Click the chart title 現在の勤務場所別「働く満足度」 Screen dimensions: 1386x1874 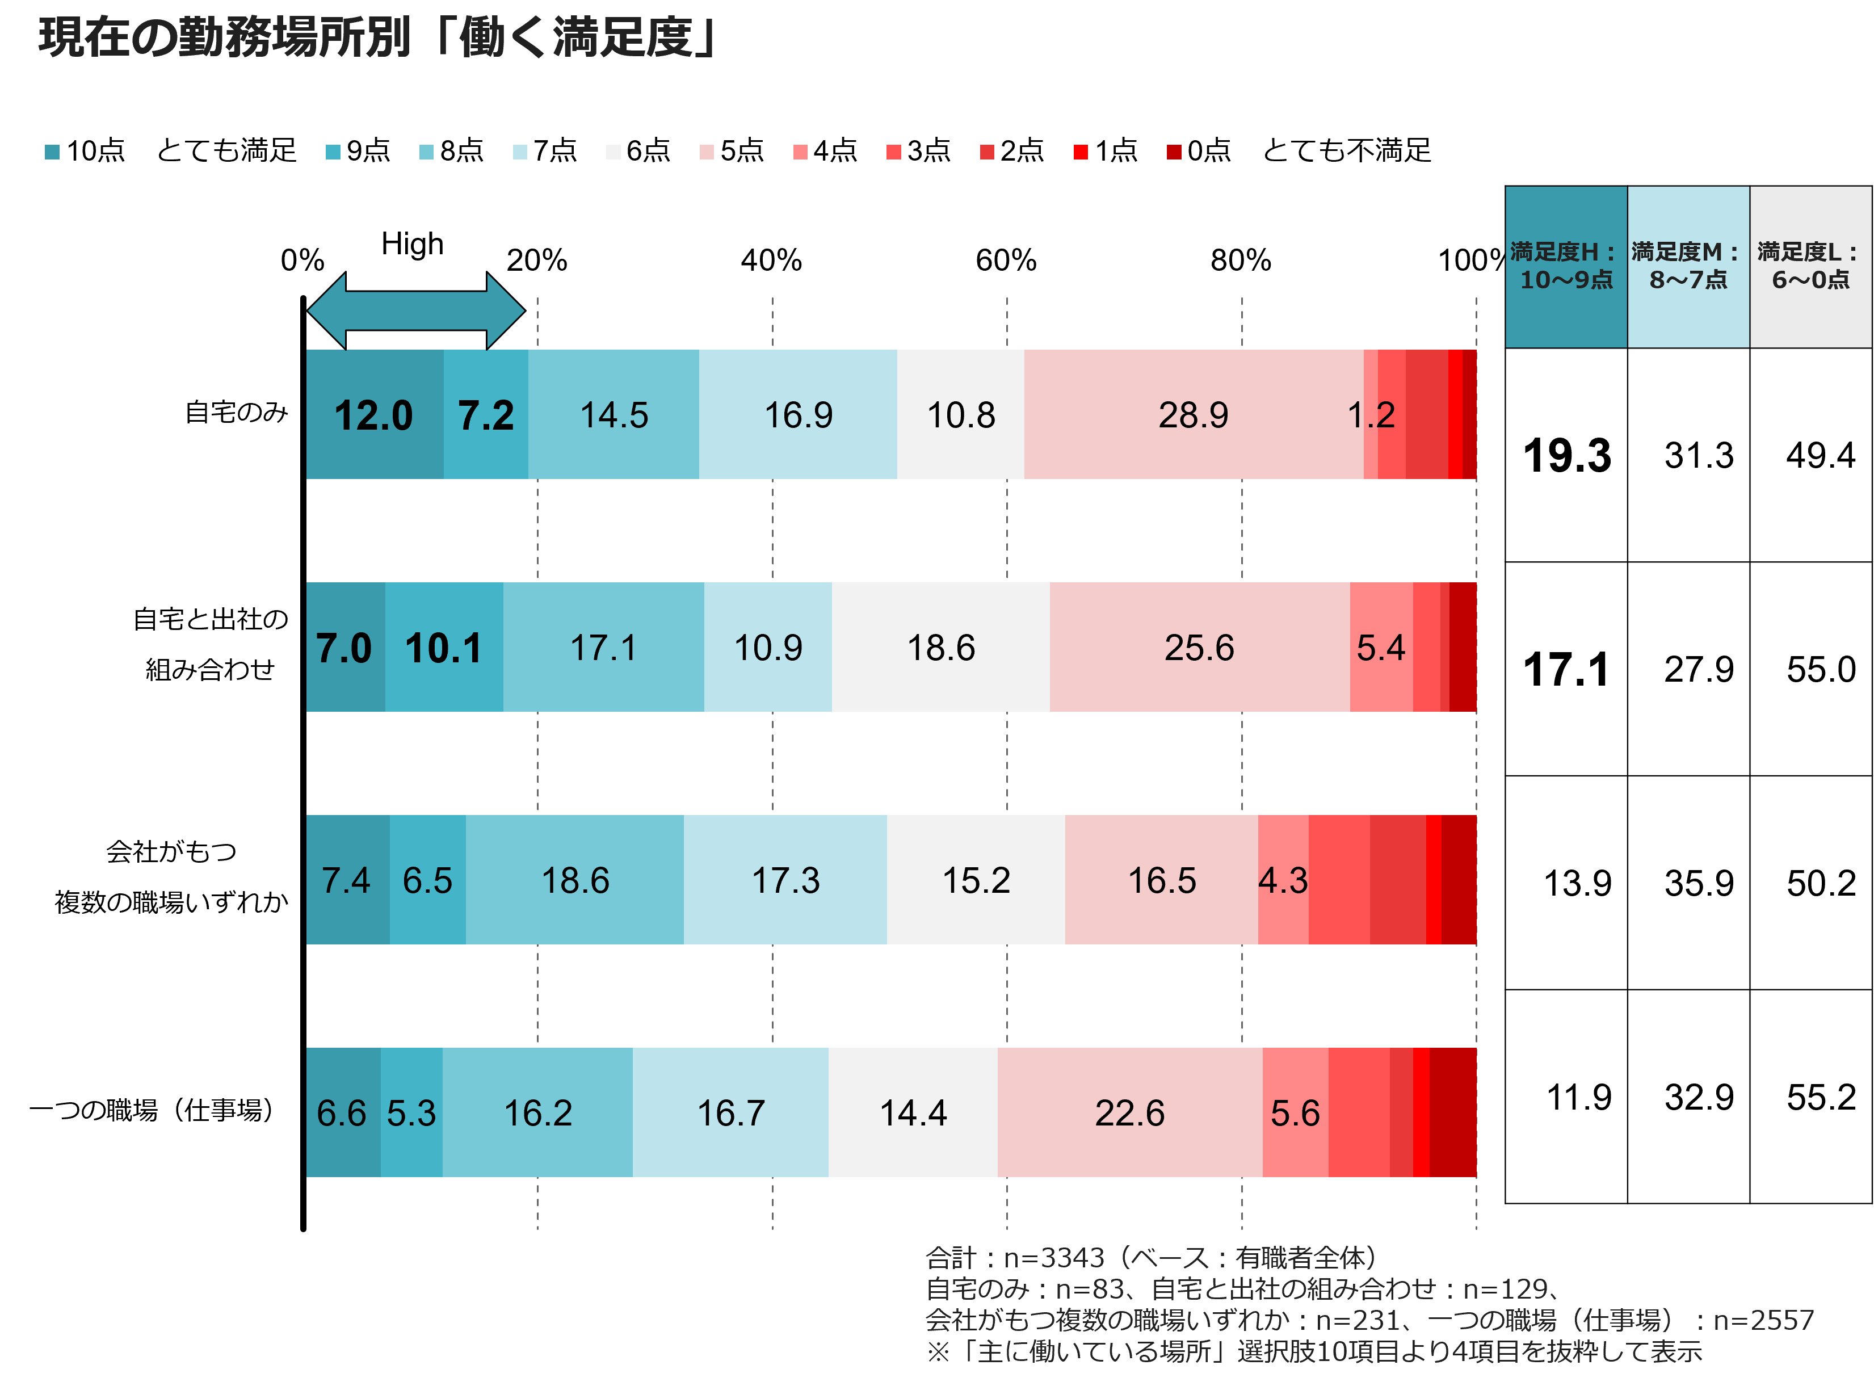pyautogui.click(x=377, y=38)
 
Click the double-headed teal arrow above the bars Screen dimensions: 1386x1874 pyautogui.click(x=416, y=311)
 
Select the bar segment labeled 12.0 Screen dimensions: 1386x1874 pyautogui.click(x=374, y=414)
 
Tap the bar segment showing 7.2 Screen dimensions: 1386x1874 pyautogui.click(x=486, y=414)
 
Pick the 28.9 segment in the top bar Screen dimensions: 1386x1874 pyautogui.click(x=1193, y=414)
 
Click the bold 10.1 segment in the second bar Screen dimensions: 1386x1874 pyautogui.click(x=444, y=647)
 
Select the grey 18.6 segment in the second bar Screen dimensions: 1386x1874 pyautogui.click(x=940, y=647)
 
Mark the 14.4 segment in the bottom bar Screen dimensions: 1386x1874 pyautogui.click(x=913, y=1112)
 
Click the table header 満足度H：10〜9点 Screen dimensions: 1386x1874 pyautogui.click(x=1565, y=266)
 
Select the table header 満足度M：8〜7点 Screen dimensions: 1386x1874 pyautogui.click(x=1688, y=266)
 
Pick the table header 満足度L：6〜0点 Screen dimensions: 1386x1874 pyautogui.click(x=1810, y=266)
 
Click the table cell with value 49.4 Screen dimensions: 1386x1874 pyautogui.click(x=1820, y=455)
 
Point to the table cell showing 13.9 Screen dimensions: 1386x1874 pyautogui.click(x=1577, y=883)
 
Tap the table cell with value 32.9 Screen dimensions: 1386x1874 pyautogui.click(x=1699, y=1097)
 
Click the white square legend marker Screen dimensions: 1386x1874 pyautogui.click(x=613, y=152)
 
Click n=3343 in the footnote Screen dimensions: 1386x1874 pyautogui.click(x=1053, y=1258)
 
